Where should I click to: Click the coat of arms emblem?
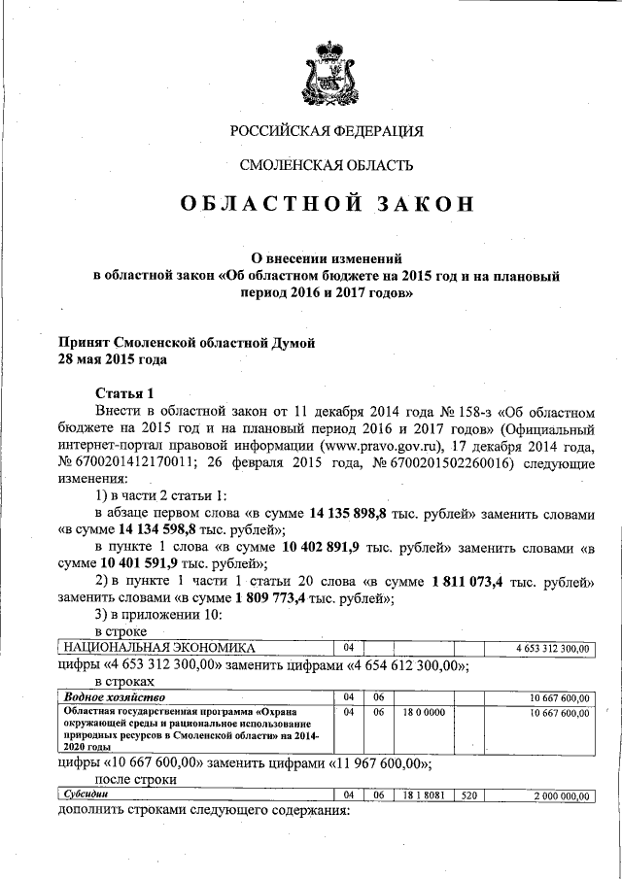(326, 74)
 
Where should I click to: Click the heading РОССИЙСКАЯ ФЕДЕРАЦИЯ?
(326, 130)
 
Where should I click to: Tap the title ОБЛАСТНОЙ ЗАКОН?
(326, 205)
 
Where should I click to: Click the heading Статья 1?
(124, 393)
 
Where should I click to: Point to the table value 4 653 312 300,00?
(551, 648)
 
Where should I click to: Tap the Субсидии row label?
(86, 795)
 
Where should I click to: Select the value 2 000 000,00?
(562, 795)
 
